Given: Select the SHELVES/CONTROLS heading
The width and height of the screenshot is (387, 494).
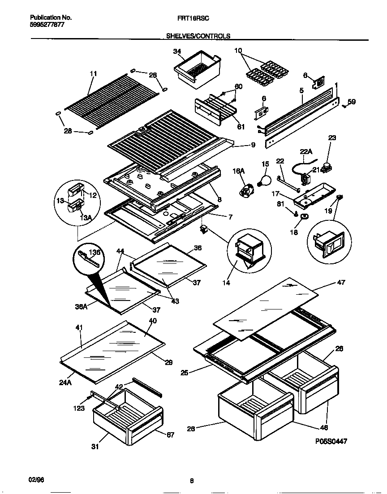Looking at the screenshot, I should point(198,35).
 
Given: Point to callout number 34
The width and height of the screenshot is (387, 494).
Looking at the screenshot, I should point(177,52).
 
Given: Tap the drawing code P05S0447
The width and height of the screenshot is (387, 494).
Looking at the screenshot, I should point(331,441).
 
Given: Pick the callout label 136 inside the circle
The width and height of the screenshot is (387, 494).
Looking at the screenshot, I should point(95,253).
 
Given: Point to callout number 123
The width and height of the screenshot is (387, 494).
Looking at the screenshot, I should point(79,408).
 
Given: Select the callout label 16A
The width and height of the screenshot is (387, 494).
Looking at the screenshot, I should point(239,171).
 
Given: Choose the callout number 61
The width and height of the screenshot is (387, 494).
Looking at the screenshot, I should point(241,127).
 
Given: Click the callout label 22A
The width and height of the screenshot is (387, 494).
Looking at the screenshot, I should point(306,152).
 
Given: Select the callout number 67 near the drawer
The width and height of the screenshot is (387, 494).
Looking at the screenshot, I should point(170,435).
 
